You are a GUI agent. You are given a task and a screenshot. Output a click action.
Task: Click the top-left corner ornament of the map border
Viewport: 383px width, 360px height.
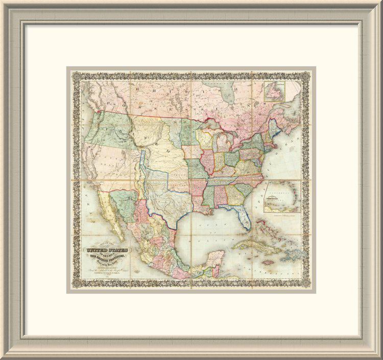(x=75, y=75)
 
